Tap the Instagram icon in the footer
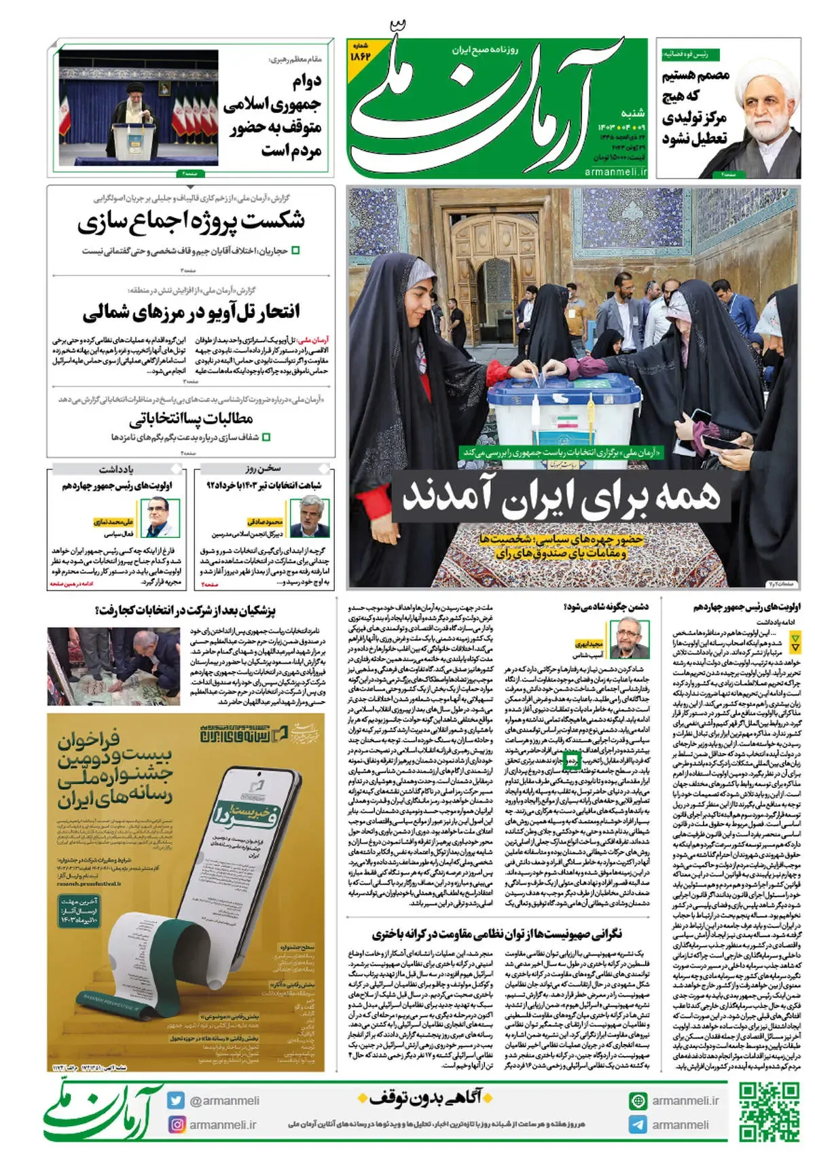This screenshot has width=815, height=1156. pos(177,1124)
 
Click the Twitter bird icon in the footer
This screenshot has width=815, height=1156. pos(177,1100)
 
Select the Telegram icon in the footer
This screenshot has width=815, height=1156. pos(638,1124)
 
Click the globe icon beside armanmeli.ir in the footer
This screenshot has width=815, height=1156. pos(638,1100)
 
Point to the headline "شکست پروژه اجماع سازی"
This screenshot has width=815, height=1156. pos(191,221)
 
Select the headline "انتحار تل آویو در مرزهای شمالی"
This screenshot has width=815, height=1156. pos(191,312)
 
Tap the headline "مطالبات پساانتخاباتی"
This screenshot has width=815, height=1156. pos(191,417)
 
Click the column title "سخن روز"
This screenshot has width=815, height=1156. pos(263,469)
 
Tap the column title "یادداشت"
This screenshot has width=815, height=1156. pos(116,469)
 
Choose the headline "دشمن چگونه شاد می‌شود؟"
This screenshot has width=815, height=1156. pos(606,607)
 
